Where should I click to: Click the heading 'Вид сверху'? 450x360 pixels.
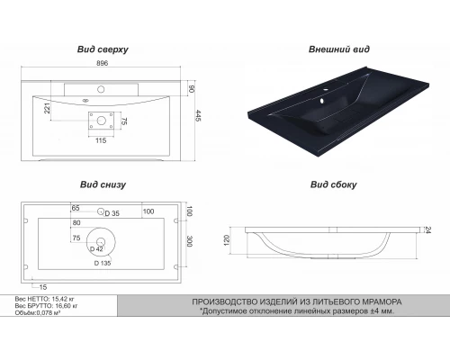[x=103, y=49]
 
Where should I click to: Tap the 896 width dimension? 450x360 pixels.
[x=102, y=63]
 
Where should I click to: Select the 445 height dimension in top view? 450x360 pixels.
[x=198, y=115]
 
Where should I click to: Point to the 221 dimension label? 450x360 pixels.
[x=47, y=108]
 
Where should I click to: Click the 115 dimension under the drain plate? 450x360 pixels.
[x=101, y=140]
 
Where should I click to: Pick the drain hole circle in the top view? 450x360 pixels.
[x=101, y=121]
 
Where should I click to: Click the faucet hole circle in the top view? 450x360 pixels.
[x=101, y=89]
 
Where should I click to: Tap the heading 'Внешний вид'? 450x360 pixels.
[x=339, y=49]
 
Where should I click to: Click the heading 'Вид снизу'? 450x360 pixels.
[x=103, y=184]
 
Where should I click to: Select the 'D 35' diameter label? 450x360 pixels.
[x=112, y=213]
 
